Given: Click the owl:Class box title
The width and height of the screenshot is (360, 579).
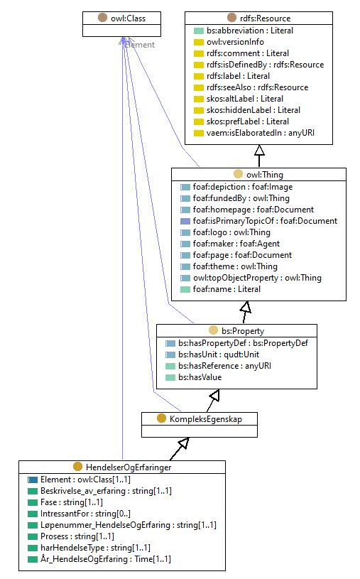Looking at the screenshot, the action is (x=128, y=18).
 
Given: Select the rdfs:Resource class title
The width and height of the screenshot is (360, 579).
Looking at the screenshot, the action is (x=265, y=18).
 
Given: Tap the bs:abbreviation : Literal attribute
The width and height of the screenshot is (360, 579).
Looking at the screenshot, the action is (x=250, y=31).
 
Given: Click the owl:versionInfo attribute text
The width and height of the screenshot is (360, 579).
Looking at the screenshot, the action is (x=235, y=42).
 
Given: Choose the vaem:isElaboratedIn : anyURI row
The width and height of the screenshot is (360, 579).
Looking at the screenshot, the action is (x=261, y=133).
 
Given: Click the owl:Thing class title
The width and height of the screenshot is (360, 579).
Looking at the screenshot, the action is (x=265, y=175).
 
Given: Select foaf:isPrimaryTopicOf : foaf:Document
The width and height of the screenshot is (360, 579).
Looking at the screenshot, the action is (x=265, y=221).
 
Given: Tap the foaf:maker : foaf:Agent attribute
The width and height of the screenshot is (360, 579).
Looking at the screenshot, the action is (x=236, y=244).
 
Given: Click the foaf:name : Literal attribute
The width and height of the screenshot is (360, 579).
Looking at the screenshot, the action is (x=227, y=289).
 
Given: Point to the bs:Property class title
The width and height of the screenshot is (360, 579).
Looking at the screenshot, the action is (x=243, y=331).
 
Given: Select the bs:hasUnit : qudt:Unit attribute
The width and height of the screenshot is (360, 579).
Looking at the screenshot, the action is (x=219, y=355).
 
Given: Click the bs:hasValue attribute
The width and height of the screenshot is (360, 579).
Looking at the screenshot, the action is (x=200, y=377).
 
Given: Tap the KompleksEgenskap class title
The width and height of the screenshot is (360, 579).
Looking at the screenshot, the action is (x=206, y=419).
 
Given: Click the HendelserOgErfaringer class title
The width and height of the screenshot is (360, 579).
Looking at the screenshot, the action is (x=129, y=467).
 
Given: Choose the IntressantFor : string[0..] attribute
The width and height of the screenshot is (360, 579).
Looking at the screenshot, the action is (x=85, y=514).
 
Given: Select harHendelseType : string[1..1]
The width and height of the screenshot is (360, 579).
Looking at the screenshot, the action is (x=95, y=548).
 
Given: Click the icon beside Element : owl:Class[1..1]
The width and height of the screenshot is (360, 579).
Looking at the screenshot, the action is (x=33, y=480).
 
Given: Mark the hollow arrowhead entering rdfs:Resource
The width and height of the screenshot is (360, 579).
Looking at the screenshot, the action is (x=259, y=151).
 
